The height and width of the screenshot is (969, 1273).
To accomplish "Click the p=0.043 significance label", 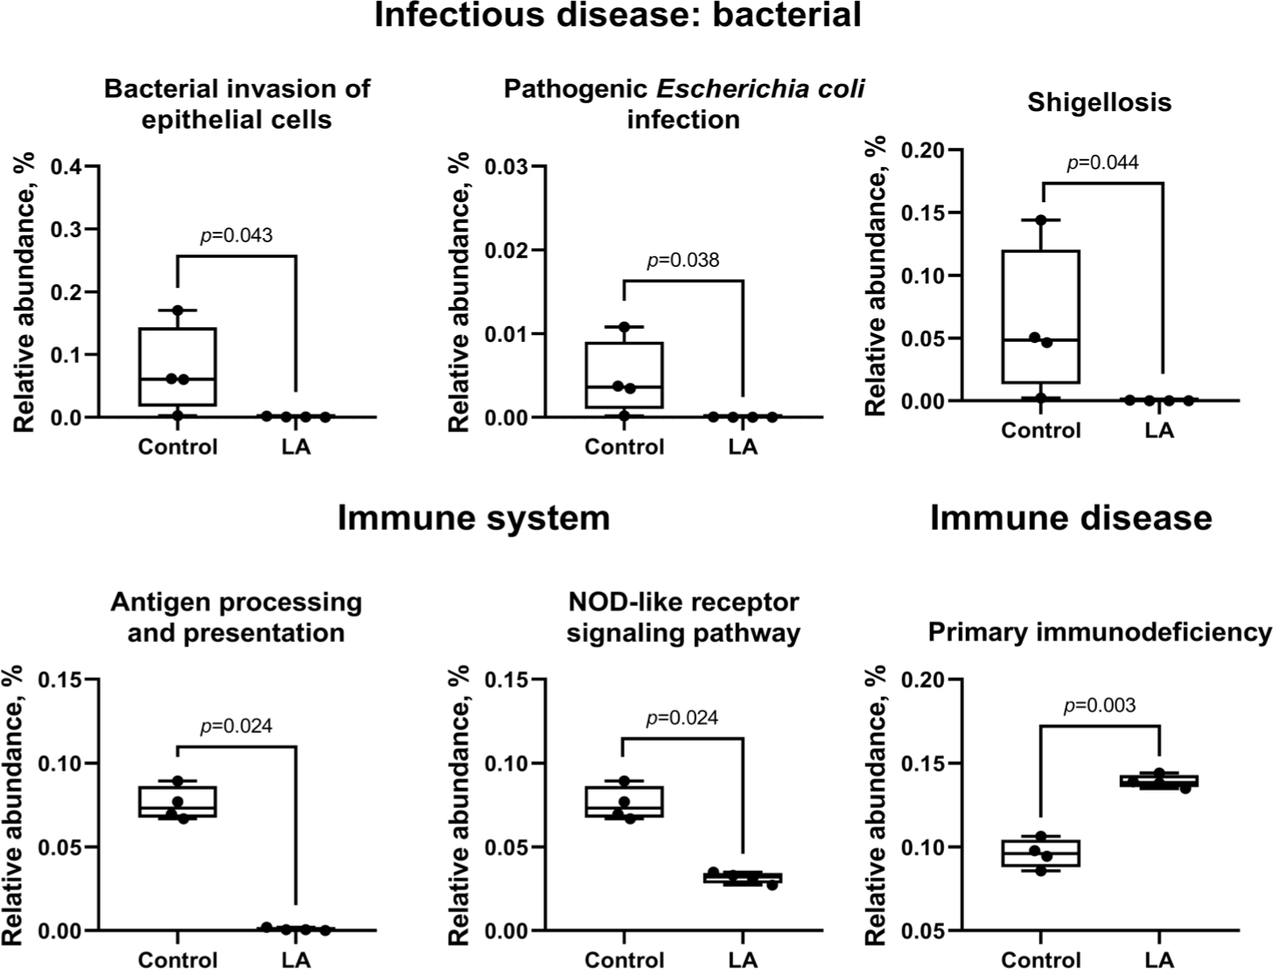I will [236, 235].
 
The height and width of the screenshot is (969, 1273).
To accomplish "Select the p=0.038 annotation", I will [682, 260].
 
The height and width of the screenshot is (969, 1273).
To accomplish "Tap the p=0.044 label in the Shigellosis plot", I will [1102, 162].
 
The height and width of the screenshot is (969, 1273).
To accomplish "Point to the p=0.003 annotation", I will [1100, 705].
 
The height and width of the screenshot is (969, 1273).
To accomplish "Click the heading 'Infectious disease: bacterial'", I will [618, 16].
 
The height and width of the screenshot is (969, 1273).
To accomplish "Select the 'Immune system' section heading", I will [473, 518].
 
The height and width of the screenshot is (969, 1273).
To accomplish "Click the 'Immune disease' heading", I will [1071, 518].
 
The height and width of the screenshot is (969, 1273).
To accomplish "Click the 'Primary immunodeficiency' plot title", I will [1099, 631].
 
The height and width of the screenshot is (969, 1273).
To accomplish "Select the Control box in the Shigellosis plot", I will [1041, 317].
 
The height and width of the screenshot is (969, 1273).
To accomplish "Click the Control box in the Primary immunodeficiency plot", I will [1041, 853].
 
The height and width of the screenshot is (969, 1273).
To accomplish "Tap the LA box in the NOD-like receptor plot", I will [742, 878].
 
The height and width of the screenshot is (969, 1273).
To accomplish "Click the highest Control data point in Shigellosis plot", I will [1041, 220].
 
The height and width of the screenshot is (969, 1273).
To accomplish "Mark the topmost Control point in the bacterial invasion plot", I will [178, 310].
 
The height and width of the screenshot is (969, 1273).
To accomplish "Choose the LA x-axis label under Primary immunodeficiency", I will [1159, 959].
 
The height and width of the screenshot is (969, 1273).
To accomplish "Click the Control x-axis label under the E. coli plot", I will [624, 447].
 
